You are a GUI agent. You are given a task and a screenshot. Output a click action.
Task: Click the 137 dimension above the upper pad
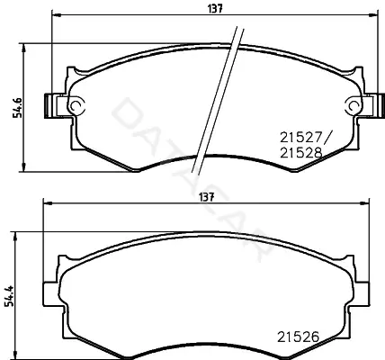(215, 9)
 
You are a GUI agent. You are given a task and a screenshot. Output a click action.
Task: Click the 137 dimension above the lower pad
(207, 197)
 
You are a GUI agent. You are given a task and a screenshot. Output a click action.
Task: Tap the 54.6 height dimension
(17, 107)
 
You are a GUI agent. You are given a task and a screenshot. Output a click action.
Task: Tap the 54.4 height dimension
(9, 296)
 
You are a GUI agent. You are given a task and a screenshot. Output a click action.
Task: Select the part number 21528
(301, 153)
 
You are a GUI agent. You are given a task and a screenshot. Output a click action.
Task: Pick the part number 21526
(298, 337)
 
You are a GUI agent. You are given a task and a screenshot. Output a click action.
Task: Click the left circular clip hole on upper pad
(75, 105)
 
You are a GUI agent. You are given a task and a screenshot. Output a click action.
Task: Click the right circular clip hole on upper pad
(354, 105)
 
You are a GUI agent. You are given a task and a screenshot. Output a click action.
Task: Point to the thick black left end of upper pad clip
(47, 106)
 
